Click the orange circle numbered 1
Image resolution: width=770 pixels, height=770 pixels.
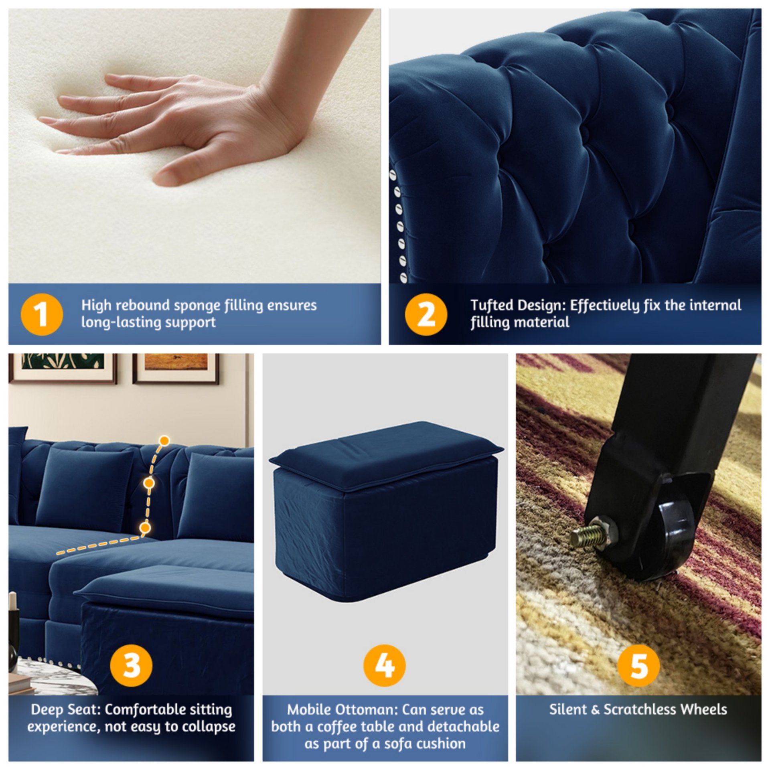(x=42, y=314)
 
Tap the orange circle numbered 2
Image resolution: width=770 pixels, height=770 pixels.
(x=426, y=314)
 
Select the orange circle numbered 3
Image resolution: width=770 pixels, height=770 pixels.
(x=131, y=665)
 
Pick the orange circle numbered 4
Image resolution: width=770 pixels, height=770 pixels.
(x=385, y=665)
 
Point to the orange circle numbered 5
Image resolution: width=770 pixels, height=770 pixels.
(x=638, y=665)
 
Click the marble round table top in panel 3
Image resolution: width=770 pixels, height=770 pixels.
(x=56, y=678)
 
